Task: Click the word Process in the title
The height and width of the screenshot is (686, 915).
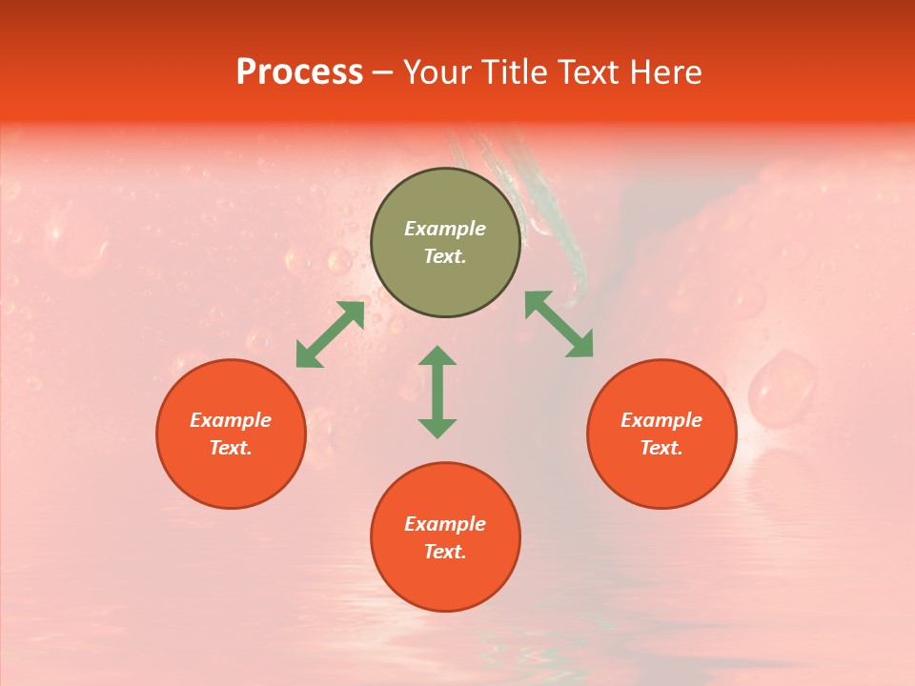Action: click(x=299, y=71)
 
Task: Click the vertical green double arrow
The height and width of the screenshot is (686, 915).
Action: click(x=437, y=392)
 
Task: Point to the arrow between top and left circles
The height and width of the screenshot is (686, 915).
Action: click(x=330, y=333)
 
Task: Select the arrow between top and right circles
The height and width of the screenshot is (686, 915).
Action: click(x=559, y=324)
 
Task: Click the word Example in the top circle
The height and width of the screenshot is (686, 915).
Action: click(x=445, y=229)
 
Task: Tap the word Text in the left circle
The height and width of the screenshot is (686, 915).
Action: click(x=231, y=448)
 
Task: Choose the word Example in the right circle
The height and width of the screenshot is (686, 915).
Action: click(x=661, y=420)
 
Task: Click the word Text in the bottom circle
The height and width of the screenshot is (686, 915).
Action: click(x=445, y=552)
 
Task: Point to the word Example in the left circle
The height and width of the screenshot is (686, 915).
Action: click(x=231, y=420)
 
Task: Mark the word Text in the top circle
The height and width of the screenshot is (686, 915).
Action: click(x=445, y=256)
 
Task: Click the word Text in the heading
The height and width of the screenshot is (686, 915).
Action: click(x=589, y=71)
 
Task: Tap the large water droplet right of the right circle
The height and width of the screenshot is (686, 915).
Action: click(x=782, y=386)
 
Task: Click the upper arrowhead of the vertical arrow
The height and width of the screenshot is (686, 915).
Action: click(x=437, y=355)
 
